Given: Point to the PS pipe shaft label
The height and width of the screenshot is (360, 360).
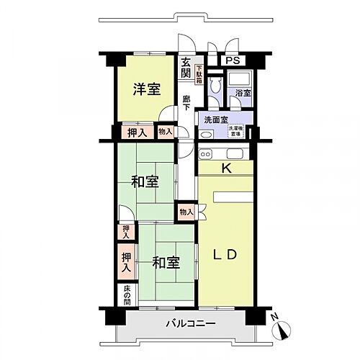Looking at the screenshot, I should pyautogui.click(x=234, y=61).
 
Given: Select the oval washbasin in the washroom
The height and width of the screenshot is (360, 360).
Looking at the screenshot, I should pyautogui.click(x=207, y=134).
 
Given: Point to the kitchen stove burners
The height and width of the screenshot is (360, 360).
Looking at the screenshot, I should pyautogui.click(x=205, y=153).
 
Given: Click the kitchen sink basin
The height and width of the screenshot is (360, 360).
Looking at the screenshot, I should pyautogui.click(x=235, y=153).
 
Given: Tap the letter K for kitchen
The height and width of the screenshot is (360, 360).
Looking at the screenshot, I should pyautogui.click(x=225, y=169).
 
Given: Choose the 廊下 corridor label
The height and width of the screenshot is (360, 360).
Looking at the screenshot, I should pyautogui.click(x=186, y=103).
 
